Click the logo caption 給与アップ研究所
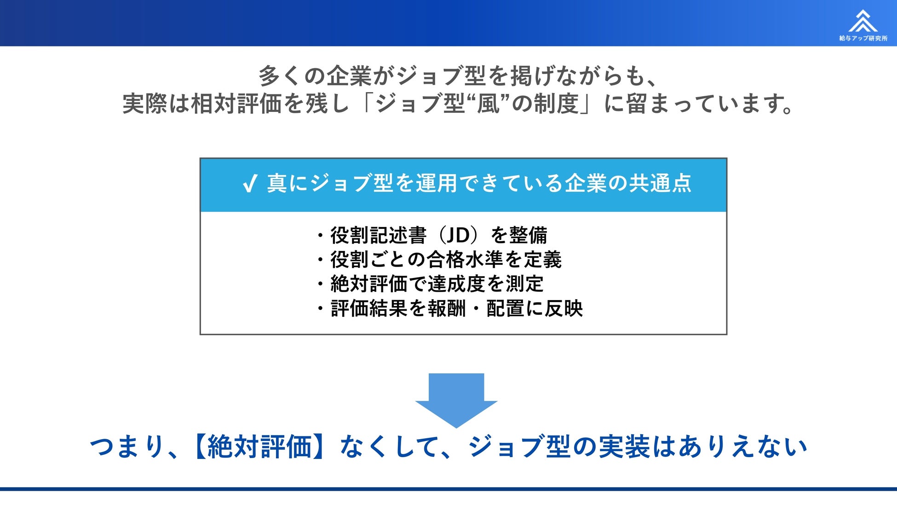point(863,38)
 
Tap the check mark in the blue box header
point(250,184)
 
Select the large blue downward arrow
point(456,399)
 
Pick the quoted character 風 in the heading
point(488,103)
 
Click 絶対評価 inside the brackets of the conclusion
point(260,447)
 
